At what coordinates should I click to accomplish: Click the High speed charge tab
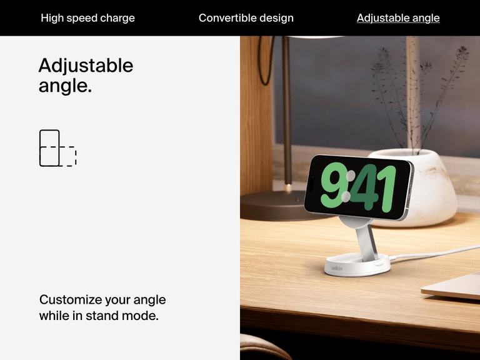pyautogui.click(x=87, y=18)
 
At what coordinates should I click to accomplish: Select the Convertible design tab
pyautogui.click(x=246, y=18)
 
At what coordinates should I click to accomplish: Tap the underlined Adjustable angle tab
pyautogui.click(x=398, y=18)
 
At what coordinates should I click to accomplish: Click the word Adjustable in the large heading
pyautogui.click(x=86, y=66)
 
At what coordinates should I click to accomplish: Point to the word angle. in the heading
pyautogui.click(x=65, y=86)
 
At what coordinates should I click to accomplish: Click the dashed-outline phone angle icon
pyautogui.click(x=57, y=148)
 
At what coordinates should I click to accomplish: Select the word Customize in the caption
pyautogui.click(x=71, y=300)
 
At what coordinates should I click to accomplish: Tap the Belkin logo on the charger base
pyautogui.click(x=336, y=268)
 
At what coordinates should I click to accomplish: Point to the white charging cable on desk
pyautogui.click(x=437, y=253)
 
